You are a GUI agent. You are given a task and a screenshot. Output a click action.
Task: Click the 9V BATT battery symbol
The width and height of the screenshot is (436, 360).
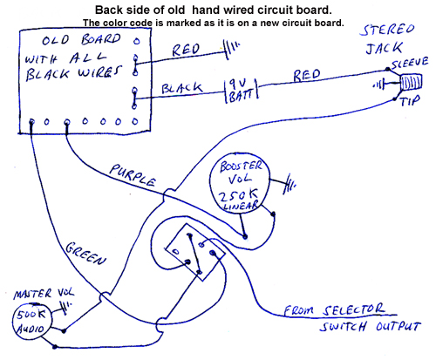(x=242, y=91)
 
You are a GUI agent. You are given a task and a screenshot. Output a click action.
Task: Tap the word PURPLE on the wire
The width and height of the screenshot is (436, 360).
(x=133, y=175)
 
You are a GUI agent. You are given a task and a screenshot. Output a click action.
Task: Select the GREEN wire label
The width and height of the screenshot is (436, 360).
(x=85, y=255)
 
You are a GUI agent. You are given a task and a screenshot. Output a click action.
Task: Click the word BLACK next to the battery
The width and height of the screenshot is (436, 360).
(x=181, y=88)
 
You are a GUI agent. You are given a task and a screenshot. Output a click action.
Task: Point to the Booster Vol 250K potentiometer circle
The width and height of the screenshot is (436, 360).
(x=240, y=183)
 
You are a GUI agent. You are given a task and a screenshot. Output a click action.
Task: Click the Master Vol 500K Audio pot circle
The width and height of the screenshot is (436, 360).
(x=32, y=321)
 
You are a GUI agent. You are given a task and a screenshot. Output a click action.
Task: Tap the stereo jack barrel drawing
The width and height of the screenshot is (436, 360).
(x=411, y=82)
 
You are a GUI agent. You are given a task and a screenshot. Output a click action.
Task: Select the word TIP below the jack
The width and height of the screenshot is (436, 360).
(x=410, y=101)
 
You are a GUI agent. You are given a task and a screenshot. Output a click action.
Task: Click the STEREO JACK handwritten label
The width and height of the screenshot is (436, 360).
(x=385, y=39)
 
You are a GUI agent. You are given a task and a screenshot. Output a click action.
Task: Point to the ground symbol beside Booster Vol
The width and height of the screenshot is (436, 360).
(x=290, y=184)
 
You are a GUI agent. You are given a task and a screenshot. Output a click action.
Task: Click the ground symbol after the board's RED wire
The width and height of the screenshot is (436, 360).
(x=232, y=49)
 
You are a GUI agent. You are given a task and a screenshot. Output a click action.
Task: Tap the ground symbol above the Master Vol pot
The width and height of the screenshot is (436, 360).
(x=65, y=308)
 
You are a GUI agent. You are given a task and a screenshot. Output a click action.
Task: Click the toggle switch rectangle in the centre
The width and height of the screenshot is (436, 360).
(x=195, y=252)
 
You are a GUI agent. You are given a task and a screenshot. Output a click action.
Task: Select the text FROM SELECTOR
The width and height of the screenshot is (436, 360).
(x=334, y=310)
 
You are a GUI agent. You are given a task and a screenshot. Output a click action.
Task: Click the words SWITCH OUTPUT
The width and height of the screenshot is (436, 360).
(x=370, y=327)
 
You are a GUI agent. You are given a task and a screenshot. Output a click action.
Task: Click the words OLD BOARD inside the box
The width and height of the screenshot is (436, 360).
(x=81, y=40)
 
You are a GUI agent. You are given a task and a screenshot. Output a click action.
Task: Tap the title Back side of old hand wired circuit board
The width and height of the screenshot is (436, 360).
(x=214, y=10)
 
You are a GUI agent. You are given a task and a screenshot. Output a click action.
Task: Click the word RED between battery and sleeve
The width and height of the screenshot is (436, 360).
(x=307, y=75)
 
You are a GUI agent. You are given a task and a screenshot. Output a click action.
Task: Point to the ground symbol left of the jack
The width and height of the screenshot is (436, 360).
(x=379, y=85)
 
